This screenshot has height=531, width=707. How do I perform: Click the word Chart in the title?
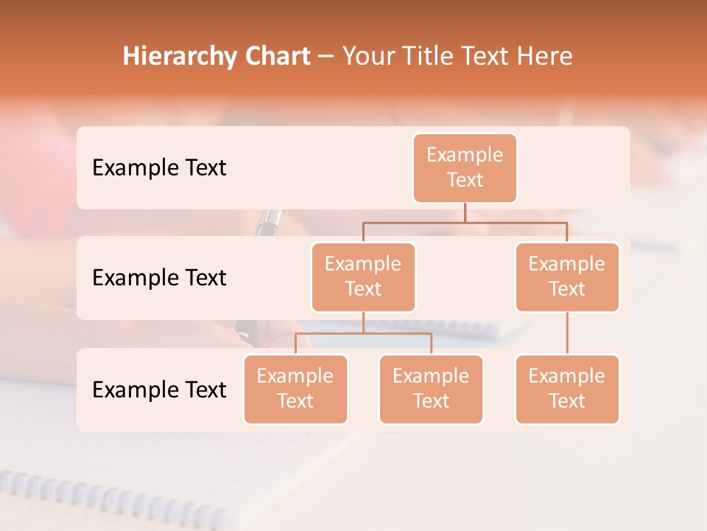tap(274, 56)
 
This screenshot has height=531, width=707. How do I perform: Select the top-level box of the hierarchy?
tap(465, 167)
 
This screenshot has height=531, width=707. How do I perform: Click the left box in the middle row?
tap(363, 277)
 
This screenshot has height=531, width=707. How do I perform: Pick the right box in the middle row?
tap(567, 277)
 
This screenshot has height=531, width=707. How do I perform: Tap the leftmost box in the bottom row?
tap(295, 389)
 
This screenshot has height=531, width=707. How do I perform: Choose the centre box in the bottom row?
tap(431, 389)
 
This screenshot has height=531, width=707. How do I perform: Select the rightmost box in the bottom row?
tap(567, 389)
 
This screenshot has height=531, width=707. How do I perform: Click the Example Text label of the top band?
tap(159, 167)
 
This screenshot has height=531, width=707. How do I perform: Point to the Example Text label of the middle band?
tap(159, 277)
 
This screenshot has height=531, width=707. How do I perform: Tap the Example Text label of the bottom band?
tap(159, 389)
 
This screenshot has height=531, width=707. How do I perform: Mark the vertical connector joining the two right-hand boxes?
tap(567, 333)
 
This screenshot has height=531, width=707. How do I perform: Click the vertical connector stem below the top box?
tap(465, 212)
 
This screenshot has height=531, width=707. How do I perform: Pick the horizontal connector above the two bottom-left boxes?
tap(363, 333)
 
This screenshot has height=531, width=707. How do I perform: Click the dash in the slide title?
tap(326, 57)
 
